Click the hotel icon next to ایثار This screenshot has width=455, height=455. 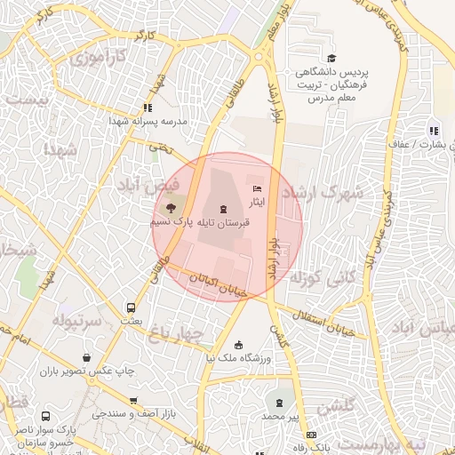tap(258, 188)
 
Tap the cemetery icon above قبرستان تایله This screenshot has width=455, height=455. tap(221, 207)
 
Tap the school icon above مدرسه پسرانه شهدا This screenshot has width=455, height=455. tap(148, 108)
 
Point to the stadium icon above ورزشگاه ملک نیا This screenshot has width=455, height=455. tap(238, 345)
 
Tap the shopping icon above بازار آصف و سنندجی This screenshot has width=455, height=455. tap(133, 402)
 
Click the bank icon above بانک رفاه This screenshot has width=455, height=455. tap(310, 434)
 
